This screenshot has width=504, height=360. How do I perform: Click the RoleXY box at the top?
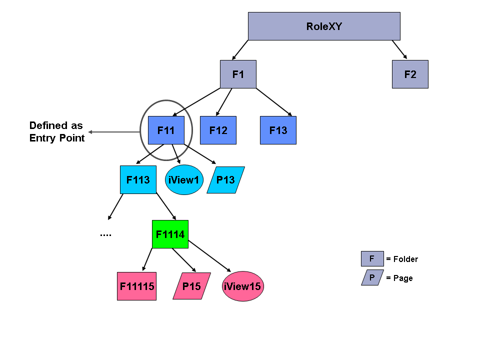(324, 26)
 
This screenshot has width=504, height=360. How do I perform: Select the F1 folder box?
(238, 74)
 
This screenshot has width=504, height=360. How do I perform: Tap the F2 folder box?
(410, 74)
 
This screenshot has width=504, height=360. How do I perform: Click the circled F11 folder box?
(166, 130)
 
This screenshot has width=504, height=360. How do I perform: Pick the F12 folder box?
(218, 130)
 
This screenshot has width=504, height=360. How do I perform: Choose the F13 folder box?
(278, 130)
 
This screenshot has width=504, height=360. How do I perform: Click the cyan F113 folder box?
(138, 179)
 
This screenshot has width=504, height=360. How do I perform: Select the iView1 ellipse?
(184, 179)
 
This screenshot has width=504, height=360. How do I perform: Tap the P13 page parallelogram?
(225, 180)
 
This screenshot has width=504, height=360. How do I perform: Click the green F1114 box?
(170, 234)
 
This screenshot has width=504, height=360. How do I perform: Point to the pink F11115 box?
(136, 286)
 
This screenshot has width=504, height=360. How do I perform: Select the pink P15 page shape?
(191, 286)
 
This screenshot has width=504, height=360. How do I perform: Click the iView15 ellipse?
(242, 286)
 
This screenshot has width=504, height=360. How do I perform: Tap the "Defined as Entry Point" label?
(56, 131)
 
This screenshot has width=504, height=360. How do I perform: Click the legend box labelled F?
(372, 258)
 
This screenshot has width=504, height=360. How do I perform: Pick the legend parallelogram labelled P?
(372, 277)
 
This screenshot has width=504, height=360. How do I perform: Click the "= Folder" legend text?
(402, 259)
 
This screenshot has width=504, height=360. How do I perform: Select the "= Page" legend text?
(399, 278)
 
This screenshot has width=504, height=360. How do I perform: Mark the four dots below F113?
(105, 234)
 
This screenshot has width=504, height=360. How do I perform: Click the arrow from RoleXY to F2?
(399, 49)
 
